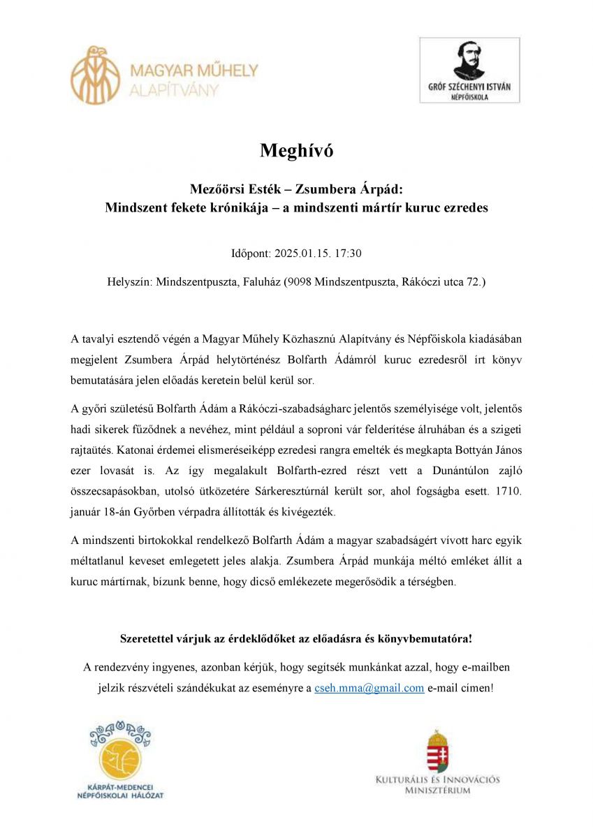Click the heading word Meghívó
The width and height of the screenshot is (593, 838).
tap(296, 150)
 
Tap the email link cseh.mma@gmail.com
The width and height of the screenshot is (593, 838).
tap(369, 688)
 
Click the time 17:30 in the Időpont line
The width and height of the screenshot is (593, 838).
tap(348, 253)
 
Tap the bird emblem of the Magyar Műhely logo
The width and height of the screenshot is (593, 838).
tap(95, 75)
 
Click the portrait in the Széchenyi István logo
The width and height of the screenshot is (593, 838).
tap(469, 61)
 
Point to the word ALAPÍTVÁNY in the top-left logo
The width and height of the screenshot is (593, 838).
tap(174, 89)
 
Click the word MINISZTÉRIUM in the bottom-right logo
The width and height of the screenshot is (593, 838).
tap(437, 791)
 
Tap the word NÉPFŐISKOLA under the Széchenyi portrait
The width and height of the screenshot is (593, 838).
tap(469, 97)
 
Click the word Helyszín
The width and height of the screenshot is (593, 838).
tap(129, 282)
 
